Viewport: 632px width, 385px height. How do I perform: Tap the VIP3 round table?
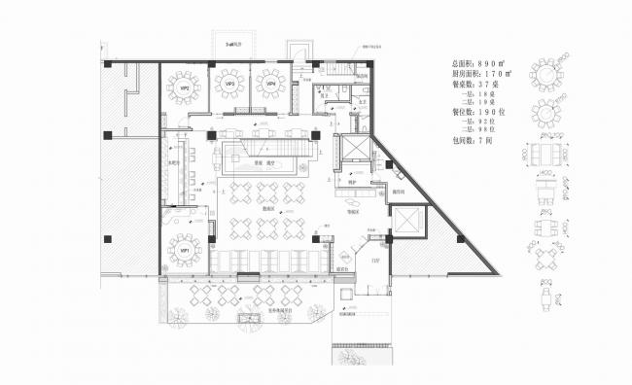click(230, 84)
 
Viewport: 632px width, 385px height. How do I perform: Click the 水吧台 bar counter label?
click(175, 162)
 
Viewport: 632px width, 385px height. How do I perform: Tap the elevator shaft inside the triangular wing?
click(404, 221)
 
